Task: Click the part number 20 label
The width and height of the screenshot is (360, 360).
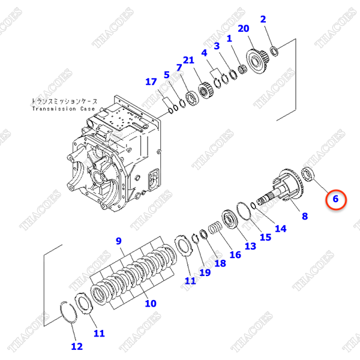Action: [x=243, y=29]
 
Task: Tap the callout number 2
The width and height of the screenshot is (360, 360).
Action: [x=263, y=19]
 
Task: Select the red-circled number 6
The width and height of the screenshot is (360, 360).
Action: [x=336, y=198]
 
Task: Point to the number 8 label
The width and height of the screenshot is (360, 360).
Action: [x=304, y=215]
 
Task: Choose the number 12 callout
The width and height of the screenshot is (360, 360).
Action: [x=77, y=346]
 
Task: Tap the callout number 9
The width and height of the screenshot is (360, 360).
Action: [x=118, y=241]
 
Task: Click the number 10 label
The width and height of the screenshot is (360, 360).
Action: [x=150, y=303]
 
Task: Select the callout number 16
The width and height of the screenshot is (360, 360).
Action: [x=235, y=254]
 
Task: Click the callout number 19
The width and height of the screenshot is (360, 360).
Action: [x=205, y=272]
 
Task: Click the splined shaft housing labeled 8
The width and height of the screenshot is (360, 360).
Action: [x=282, y=186]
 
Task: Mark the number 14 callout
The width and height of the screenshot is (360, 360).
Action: [x=281, y=228]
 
